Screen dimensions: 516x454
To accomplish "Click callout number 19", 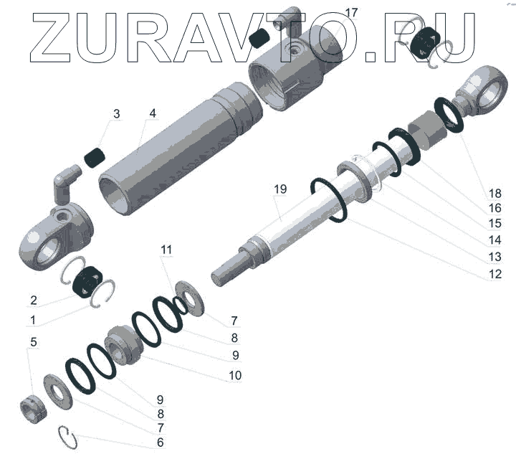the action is pyautogui.click(x=280, y=189).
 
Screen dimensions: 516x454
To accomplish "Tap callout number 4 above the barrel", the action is pyautogui.click(x=153, y=113).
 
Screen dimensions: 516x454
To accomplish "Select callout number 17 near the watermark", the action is pyautogui.click(x=351, y=13).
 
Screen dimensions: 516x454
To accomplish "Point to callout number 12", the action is pyautogui.click(x=495, y=274).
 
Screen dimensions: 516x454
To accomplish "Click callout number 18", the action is pyautogui.click(x=495, y=193).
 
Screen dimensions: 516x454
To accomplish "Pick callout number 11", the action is pyautogui.click(x=166, y=250).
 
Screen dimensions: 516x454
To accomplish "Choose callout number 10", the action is pyautogui.click(x=235, y=375).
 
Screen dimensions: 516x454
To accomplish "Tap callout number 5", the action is pyautogui.click(x=33, y=342).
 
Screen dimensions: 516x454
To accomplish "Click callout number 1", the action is pyautogui.click(x=32, y=320).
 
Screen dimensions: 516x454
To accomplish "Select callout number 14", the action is pyautogui.click(x=495, y=240).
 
